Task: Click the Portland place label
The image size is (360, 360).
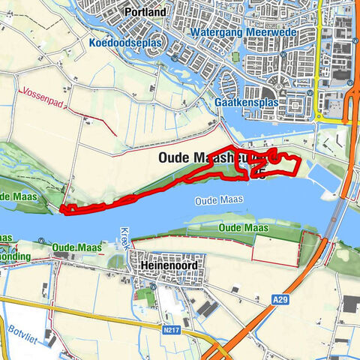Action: click(x=145, y=13)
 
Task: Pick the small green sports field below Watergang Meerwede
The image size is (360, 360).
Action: click(x=236, y=57)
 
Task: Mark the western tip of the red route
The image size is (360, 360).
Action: click(x=61, y=209)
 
